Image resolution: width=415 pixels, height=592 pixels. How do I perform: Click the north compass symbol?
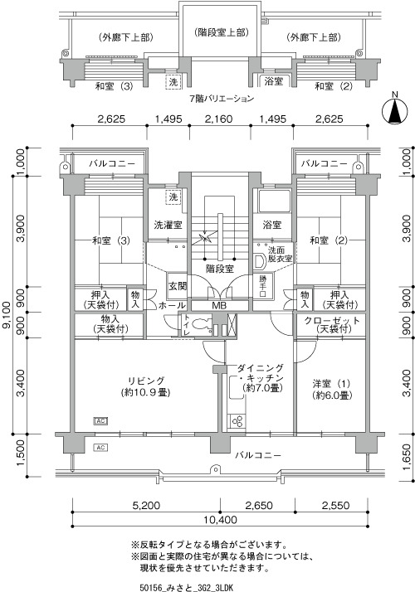(x=395, y=110)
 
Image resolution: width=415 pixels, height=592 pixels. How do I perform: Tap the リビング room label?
(x=146, y=381)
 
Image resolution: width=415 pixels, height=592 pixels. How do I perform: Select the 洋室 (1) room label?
(x=331, y=384)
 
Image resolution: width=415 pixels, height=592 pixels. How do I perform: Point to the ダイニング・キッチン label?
(x=261, y=372)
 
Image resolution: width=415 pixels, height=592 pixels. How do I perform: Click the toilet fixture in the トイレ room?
(x=200, y=323)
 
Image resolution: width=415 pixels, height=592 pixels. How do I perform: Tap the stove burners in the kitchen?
(x=237, y=421)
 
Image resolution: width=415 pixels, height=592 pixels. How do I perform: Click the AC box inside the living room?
(x=100, y=420)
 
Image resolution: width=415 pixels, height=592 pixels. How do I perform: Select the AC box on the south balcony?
(x=100, y=448)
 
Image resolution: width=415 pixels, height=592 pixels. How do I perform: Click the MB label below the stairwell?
(x=219, y=305)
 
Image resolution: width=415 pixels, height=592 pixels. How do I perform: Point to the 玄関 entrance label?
(x=178, y=286)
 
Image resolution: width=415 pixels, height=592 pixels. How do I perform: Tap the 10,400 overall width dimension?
(x=220, y=520)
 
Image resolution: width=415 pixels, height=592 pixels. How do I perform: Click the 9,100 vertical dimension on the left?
(x=7, y=317)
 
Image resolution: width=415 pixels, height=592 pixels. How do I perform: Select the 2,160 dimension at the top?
(x=218, y=119)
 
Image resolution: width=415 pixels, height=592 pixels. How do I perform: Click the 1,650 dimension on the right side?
(x=407, y=457)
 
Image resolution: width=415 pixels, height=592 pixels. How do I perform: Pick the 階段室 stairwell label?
(x=220, y=269)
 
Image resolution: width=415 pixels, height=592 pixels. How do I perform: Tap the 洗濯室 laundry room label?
(x=168, y=225)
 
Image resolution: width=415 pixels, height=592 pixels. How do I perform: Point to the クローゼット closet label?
(x=332, y=321)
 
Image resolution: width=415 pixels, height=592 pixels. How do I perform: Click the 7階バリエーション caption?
(x=222, y=99)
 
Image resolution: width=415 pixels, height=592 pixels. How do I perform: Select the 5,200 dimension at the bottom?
(x=146, y=505)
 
